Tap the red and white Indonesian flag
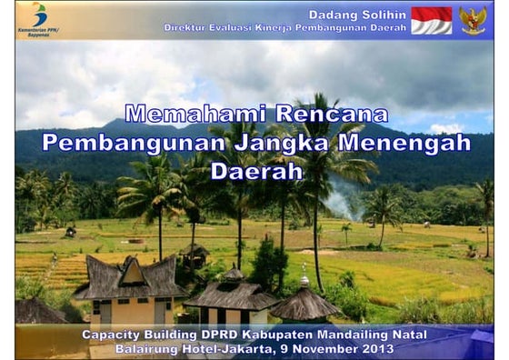431,20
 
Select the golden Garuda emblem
473,20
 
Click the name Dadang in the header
335,15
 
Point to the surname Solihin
385,15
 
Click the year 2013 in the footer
377,348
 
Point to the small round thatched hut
304,305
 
